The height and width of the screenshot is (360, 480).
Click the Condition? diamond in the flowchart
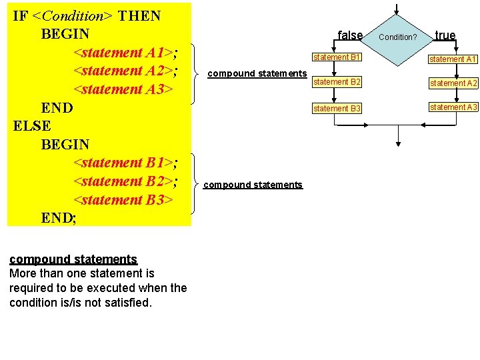tap(397, 37)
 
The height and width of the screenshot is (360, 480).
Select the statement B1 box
tap(337, 58)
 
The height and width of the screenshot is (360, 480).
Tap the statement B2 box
tap(337, 83)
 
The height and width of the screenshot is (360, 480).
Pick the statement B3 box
tap(337, 108)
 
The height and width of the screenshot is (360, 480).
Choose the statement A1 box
tap(453, 59)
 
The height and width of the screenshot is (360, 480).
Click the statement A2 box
tap(453, 83)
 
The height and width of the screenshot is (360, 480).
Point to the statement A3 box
tap(453, 107)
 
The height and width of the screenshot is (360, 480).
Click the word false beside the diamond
tap(350, 35)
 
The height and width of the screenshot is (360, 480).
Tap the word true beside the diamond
tap(445, 35)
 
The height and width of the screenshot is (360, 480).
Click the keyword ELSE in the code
tap(32, 125)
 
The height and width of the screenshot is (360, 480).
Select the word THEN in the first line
tap(139, 16)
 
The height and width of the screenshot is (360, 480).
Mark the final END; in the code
tap(59, 217)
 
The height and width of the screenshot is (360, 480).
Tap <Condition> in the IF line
tap(72, 16)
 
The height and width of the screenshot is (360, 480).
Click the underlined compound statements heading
tap(73, 259)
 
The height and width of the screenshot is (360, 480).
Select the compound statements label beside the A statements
tap(257, 73)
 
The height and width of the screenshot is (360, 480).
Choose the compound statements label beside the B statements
tap(253, 185)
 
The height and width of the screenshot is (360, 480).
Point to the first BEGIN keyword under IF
tap(65, 33)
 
